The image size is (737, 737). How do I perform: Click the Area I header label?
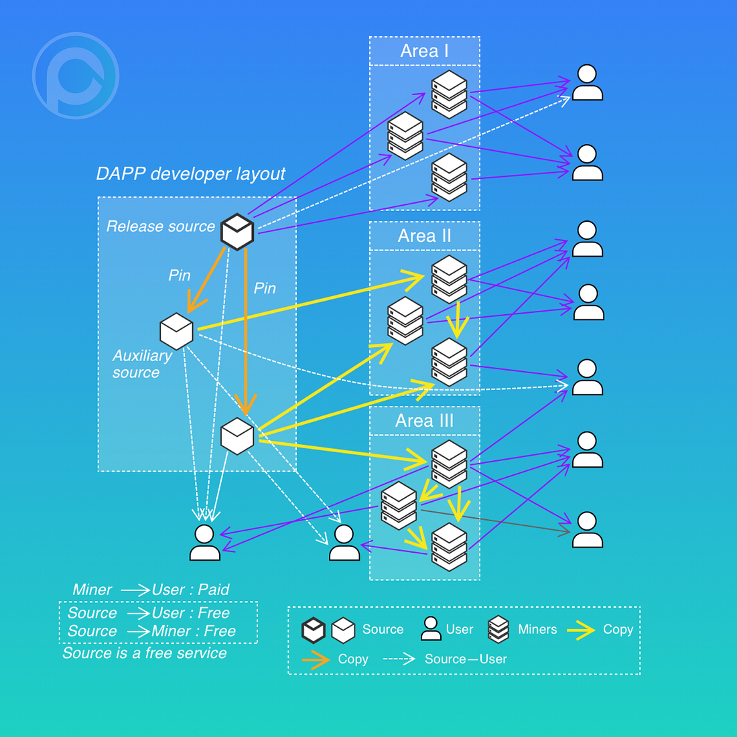click(x=424, y=51)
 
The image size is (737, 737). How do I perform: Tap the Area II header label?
click(x=424, y=236)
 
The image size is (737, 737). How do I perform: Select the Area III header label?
click(x=424, y=421)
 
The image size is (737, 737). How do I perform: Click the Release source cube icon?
click(x=237, y=231)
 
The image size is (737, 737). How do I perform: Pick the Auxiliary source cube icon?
click(x=177, y=331)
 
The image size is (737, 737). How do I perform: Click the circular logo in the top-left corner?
click(x=76, y=76)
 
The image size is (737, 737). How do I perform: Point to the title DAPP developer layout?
click(x=191, y=174)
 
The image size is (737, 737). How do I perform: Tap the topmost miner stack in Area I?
click(x=449, y=94)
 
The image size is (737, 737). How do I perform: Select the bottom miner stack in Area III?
click(x=449, y=546)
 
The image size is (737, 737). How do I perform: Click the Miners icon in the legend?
click(x=498, y=629)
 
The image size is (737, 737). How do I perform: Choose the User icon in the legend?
click(x=431, y=628)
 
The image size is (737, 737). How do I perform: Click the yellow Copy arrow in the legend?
click(x=580, y=630)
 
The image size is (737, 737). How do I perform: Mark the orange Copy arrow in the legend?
click(x=316, y=659)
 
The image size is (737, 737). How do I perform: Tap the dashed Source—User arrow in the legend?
click(x=399, y=659)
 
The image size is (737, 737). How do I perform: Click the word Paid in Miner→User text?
click(x=214, y=590)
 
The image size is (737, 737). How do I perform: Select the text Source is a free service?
click(x=145, y=653)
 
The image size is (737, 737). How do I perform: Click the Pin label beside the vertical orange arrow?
click(x=265, y=288)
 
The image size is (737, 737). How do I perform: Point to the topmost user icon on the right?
click(x=588, y=82)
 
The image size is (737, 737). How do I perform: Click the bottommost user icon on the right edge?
click(x=588, y=530)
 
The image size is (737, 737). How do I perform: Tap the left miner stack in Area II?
click(x=405, y=320)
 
